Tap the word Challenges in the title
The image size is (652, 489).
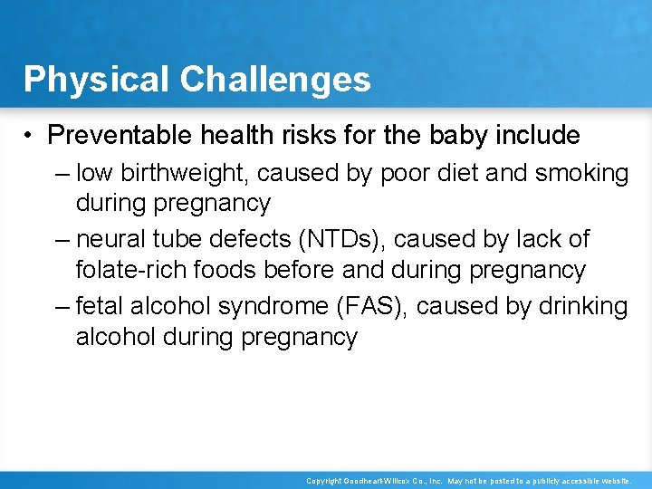coord(275,80)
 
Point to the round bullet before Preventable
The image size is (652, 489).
coord(30,137)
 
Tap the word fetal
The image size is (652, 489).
coord(100,307)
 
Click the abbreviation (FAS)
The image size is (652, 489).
coord(377,307)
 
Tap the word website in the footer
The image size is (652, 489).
coord(614,480)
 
